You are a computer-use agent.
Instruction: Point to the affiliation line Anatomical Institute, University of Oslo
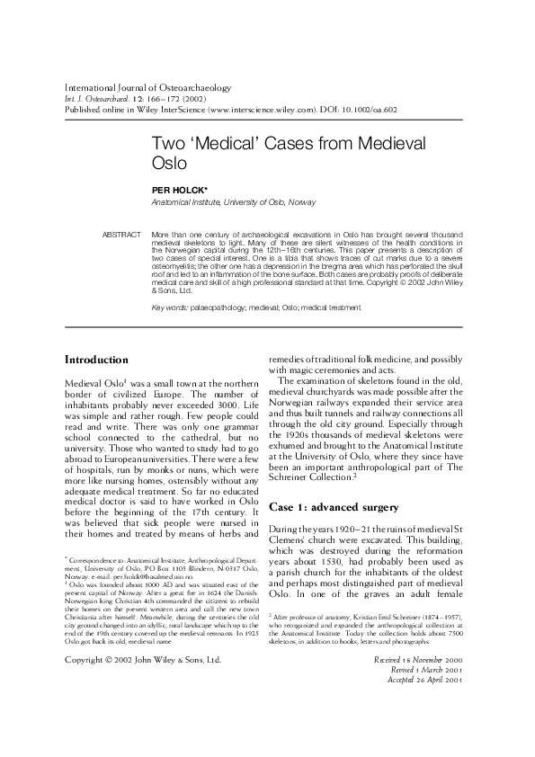tap(232, 203)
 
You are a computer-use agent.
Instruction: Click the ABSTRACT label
tap(123, 234)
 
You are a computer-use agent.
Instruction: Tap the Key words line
tap(256, 307)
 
